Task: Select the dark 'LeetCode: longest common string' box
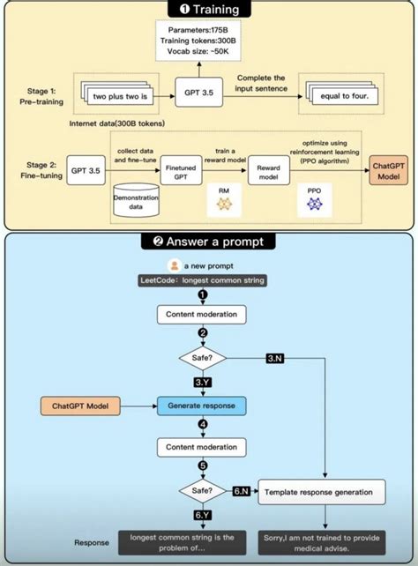[x=202, y=280]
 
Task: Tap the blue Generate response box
[x=201, y=406]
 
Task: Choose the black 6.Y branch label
[x=201, y=515]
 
